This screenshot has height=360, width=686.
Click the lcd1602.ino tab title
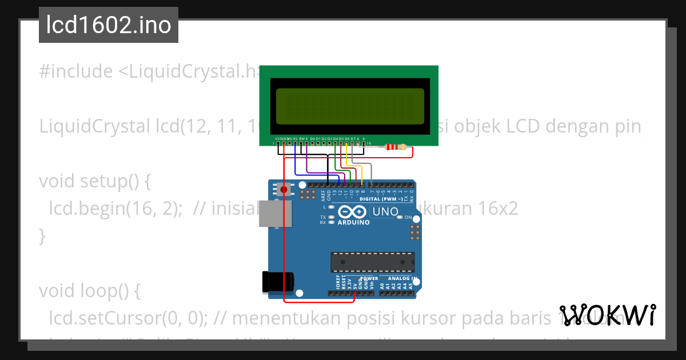coord(108,26)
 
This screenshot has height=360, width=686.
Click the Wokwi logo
coord(607,315)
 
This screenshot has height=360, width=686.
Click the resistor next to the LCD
coord(396,147)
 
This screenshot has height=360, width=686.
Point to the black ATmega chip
coord(372,261)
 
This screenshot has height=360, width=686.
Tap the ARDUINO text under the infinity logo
coord(353,222)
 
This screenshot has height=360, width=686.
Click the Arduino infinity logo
coord(353,211)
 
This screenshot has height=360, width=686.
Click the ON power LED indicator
coord(402,218)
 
